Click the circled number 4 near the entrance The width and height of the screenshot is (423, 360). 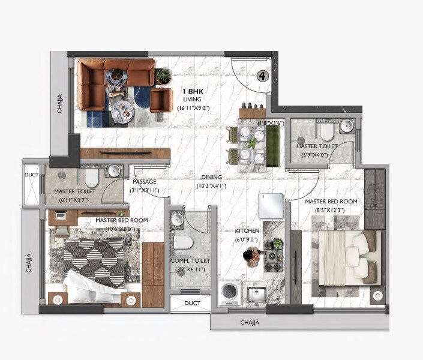tap(262, 76)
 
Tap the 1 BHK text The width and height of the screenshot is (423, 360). tap(193, 91)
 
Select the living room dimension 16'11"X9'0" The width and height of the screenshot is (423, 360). tap(193, 109)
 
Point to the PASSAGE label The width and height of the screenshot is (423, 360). tap(145, 182)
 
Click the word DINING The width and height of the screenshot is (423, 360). tap(212, 178)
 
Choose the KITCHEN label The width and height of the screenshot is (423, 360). tap(248, 231)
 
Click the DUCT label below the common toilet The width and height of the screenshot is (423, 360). tap(192, 304)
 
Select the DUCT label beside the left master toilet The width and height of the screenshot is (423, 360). tap(31, 175)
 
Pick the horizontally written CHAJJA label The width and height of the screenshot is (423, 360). tap(250, 323)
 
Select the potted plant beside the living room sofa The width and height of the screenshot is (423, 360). tap(163, 76)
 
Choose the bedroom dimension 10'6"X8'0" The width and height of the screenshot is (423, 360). tap(121, 229)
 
